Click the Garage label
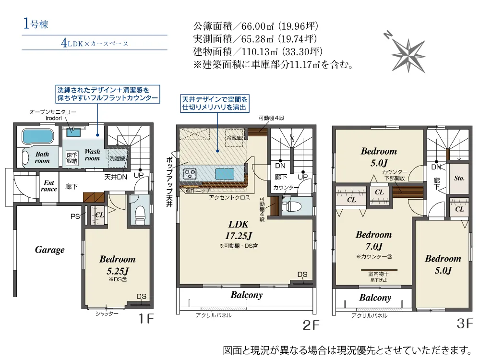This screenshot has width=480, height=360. [x=49, y=250]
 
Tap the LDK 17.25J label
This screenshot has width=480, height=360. [x=239, y=230]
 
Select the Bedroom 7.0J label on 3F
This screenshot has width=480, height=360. [x=373, y=240]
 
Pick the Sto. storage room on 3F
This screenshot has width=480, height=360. [x=459, y=178]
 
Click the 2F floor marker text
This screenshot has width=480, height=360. [x=311, y=325]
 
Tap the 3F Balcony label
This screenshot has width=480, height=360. [x=375, y=298]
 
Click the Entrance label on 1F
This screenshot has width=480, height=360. [x=49, y=186]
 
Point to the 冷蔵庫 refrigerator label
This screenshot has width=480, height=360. [x=234, y=138]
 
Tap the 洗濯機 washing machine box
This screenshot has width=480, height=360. [x=117, y=157]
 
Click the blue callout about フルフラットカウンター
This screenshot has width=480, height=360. [x=107, y=94]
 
